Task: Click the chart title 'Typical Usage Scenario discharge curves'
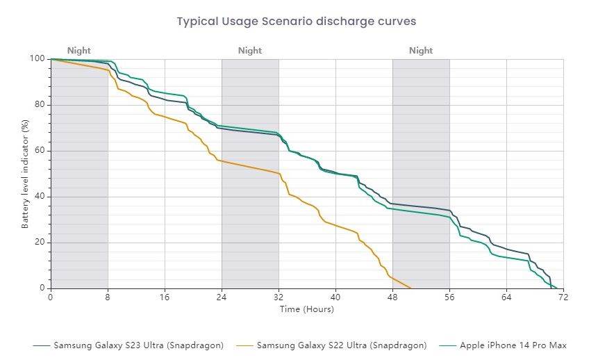[296, 21]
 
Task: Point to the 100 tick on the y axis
[39, 59]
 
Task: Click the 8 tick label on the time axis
[108, 297]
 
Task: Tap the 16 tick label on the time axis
[165, 297]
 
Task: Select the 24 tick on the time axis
[222, 297]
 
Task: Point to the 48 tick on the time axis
[392, 297]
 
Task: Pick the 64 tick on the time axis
[506, 297]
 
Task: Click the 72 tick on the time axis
[563, 297]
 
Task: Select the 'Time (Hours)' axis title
[306, 309]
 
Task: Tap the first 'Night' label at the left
[79, 50]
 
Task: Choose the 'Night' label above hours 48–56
[421, 50]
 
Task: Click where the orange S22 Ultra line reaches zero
[411, 288]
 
